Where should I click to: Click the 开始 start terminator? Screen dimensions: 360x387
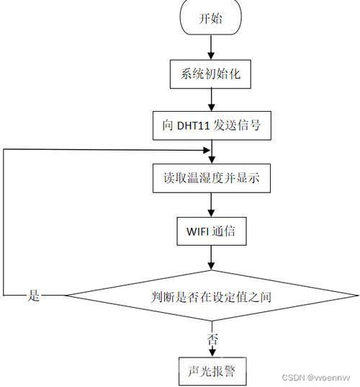point(211,17)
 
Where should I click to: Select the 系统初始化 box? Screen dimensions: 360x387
point(210,74)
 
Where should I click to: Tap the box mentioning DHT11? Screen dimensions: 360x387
point(212,125)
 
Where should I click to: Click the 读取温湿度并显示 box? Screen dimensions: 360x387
point(212,178)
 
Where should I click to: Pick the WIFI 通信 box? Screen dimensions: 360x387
point(212,231)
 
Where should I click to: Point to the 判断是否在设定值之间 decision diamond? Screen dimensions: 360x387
point(212,295)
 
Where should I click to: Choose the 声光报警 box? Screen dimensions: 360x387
point(212,371)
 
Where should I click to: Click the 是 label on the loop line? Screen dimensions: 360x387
point(34,295)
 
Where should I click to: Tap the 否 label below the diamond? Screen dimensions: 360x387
point(212,339)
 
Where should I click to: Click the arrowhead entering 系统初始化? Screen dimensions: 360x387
point(211,55)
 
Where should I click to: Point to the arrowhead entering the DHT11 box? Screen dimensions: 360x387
point(211,107)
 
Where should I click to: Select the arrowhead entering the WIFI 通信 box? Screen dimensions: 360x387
point(211,213)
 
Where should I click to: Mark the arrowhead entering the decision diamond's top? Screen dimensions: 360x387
point(211,266)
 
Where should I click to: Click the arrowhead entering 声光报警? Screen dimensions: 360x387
point(212,353)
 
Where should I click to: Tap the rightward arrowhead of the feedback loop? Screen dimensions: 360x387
point(207,150)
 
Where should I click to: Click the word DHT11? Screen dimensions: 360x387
point(193,126)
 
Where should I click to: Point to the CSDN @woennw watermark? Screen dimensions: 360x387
point(316,378)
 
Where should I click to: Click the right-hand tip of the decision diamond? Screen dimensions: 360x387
point(357,295)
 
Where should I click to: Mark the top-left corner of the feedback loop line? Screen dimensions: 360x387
point(4,149)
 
